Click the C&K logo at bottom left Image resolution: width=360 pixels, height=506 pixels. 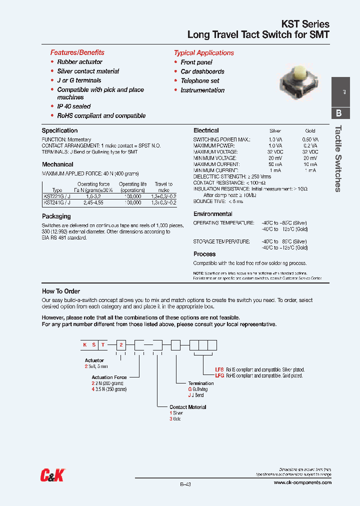pyautogui.click(x=52, y=475)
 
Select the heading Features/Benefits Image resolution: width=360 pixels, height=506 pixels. pyautogui.click(x=77, y=52)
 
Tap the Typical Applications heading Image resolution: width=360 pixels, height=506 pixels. pyautogui.click(x=203, y=53)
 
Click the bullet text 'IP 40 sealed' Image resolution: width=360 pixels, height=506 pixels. pyautogui.click(x=74, y=106)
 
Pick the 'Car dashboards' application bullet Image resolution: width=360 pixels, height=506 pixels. pyautogui.click(x=202, y=71)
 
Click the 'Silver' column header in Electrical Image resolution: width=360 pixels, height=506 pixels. pyautogui.click(x=275, y=131)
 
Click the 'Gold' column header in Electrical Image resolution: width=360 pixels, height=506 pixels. pyautogui.click(x=310, y=131)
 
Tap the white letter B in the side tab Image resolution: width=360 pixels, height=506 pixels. pyautogui.click(x=338, y=113)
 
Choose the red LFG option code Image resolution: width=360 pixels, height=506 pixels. pyautogui.click(x=219, y=375)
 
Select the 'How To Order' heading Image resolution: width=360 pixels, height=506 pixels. pyautogui.click(x=61, y=291)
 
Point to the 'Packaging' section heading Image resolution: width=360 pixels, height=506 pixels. pyautogui.click(x=56, y=216)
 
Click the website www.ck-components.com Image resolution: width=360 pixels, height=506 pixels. pyautogui.click(x=302, y=482)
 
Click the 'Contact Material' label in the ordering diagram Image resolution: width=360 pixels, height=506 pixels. pyautogui.click(x=187, y=407)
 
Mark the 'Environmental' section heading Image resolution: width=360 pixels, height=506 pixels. pyautogui.click(x=212, y=214)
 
